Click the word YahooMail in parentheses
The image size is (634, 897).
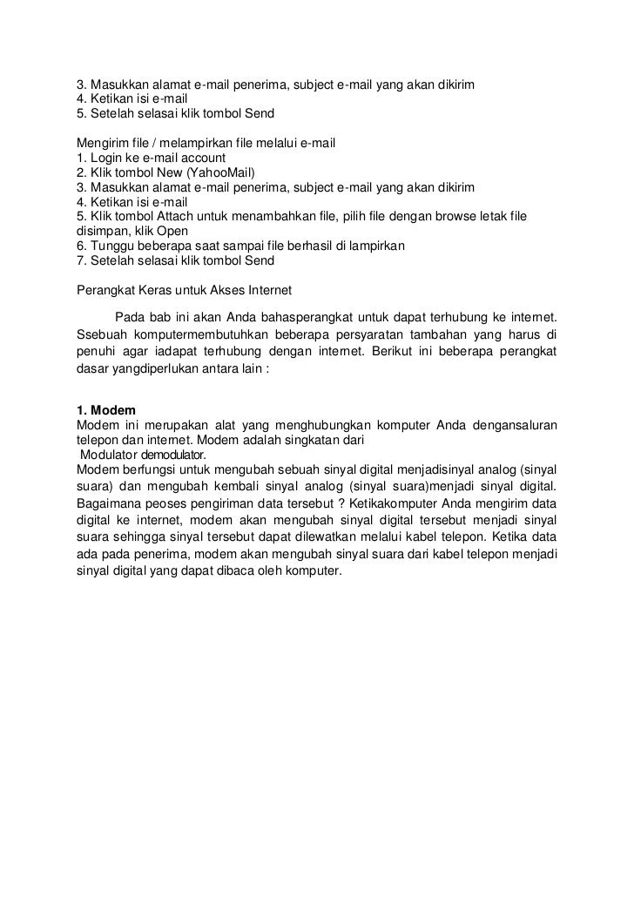coord(213,172)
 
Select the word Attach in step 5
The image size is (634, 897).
coord(166,216)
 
